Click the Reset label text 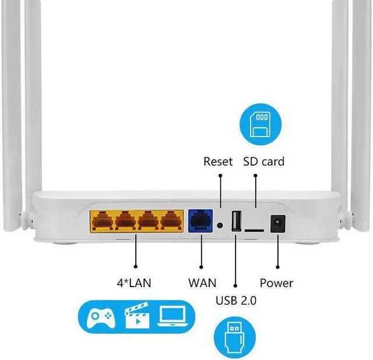tap(218, 161)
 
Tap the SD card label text tap(264, 161)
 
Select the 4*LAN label tap(134, 284)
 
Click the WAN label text tap(202, 284)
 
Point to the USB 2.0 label tap(236, 301)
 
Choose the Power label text tap(276, 284)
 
